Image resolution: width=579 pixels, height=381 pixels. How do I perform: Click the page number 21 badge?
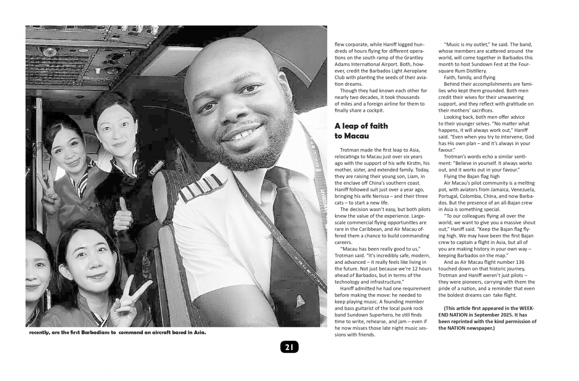click(x=289, y=347)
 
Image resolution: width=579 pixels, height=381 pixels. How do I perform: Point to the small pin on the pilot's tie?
click(x=300, y=302)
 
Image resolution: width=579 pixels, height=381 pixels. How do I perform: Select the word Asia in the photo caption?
click(x=198, y=332)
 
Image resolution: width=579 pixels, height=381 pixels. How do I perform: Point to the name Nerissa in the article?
click(x=398, y=196)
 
